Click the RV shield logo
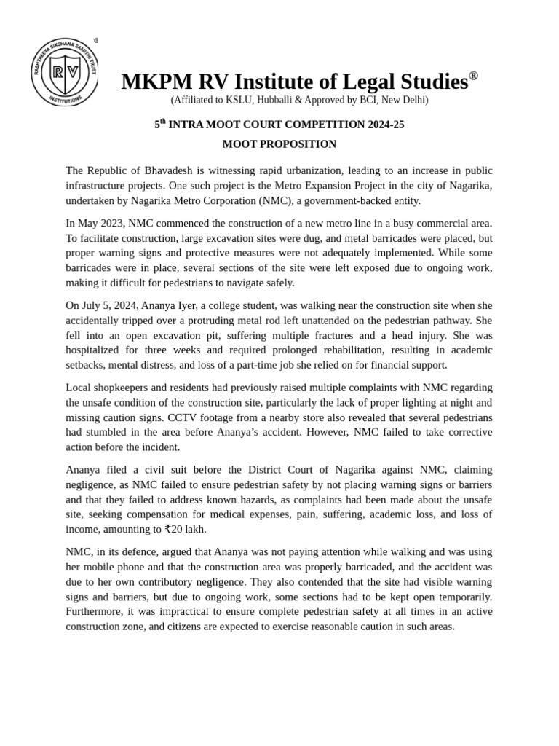coord(65,71)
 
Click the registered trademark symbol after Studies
coord(473,76)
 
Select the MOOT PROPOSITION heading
coord(279,144)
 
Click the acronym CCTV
coord(183,417)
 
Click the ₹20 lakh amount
coord(185,530)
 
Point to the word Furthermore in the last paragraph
coord(95,611)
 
